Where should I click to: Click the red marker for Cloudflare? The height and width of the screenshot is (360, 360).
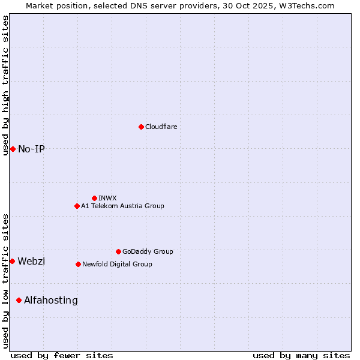[x=141, y=127]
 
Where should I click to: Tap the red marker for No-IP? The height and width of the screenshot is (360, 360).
[x=13, y=149]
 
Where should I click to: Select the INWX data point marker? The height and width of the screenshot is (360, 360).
[x=94, y=198]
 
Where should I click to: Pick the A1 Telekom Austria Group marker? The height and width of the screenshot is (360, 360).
[x=77, y=206]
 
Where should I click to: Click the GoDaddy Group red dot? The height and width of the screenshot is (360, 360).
[x=118, y=251]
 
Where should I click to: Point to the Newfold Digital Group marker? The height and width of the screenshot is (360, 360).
[x=78, y=264]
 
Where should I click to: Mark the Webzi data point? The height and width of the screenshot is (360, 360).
[x=12, y=261]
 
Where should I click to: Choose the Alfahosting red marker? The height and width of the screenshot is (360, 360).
[x=19, y=300]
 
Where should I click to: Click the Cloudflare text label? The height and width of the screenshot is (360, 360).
[x=161, y=127]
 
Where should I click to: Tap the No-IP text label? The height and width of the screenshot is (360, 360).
[x=31, y=149]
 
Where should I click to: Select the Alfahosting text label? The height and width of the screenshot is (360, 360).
[x=51, y=300]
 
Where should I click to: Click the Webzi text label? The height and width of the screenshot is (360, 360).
[x=31, y=261]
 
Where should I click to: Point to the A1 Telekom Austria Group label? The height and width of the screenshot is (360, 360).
[x=122, y=206]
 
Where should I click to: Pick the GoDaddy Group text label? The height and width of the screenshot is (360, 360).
[x=148, y=251]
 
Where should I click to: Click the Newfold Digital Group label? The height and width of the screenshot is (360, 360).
[x=117, y=264]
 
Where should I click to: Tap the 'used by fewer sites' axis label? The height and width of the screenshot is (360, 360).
[x=62, y=355]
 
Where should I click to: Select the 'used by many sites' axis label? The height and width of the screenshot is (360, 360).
[x=301, y=355]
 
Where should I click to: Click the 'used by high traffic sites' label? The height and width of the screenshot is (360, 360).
[x=5, y=85]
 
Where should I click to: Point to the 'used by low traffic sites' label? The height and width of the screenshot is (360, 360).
[x=5, y=280]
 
